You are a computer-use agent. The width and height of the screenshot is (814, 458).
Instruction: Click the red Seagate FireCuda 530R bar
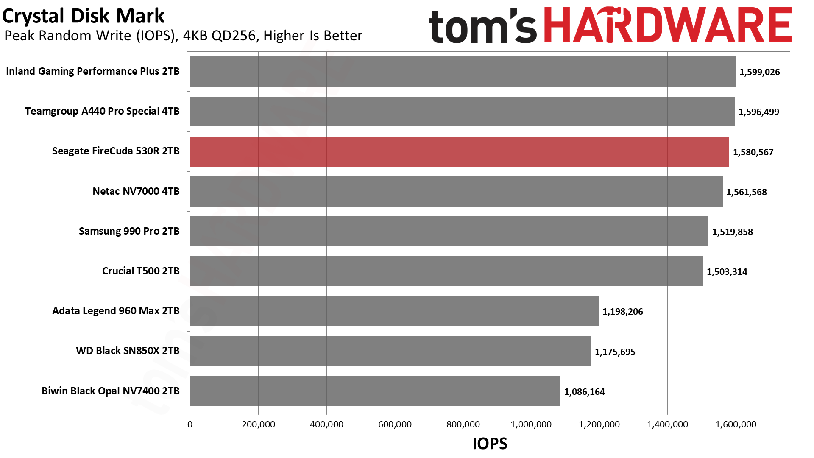[x=459, y=151]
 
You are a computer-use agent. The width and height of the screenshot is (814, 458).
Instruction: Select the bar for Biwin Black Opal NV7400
[x=375, y=391]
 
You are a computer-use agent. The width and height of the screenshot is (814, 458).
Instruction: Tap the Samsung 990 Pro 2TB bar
[x=449, y=231]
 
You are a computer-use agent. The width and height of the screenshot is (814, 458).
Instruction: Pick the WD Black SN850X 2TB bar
[x=390, y=351]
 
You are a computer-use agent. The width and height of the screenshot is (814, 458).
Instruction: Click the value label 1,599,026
[x=759, y=72]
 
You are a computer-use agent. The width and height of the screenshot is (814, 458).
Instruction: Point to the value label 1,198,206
[x=622, y=312]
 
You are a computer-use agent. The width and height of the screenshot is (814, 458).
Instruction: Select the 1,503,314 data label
[x=727, y=272]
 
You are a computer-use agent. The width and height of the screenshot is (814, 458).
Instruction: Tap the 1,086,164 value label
[x=584, y=392]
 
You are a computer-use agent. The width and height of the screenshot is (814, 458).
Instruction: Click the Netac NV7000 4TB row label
[x=136, y=191]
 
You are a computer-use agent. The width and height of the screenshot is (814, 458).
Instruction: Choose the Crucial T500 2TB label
[x=141, y=271]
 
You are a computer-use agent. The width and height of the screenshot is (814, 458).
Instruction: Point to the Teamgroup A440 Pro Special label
[x=102, y=111]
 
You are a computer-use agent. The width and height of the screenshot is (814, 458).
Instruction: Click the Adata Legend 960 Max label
[x=116, y=311]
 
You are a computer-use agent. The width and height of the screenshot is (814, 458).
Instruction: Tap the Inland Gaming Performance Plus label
[x=93, y=71]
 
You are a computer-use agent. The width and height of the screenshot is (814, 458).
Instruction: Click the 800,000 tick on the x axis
[x=463, y=424]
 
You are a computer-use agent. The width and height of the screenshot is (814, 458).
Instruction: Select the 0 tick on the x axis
[x=190, y=424]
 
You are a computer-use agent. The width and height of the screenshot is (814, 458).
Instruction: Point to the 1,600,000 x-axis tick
[x=736, y=424]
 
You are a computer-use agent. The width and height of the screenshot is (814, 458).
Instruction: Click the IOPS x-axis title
[x=490, y=444]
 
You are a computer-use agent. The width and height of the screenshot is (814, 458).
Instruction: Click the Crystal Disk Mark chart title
[x=83, y=16]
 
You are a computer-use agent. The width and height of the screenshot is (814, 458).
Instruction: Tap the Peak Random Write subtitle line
[x=183, y=36]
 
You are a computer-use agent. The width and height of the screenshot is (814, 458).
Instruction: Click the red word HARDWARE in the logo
[x=667, y=25]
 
